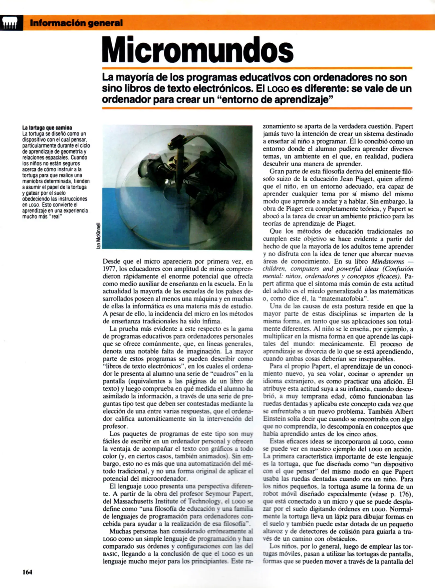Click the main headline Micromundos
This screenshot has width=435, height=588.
pos(197,50)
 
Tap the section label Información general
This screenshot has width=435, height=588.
pos(76,23)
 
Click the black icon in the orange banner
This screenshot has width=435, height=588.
pos(11,23)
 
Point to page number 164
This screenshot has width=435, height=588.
pos(27,572)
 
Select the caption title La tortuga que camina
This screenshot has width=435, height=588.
pos(47,128)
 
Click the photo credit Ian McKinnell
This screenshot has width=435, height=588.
pos(98,235)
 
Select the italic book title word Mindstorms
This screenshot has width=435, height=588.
pos(388,262)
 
